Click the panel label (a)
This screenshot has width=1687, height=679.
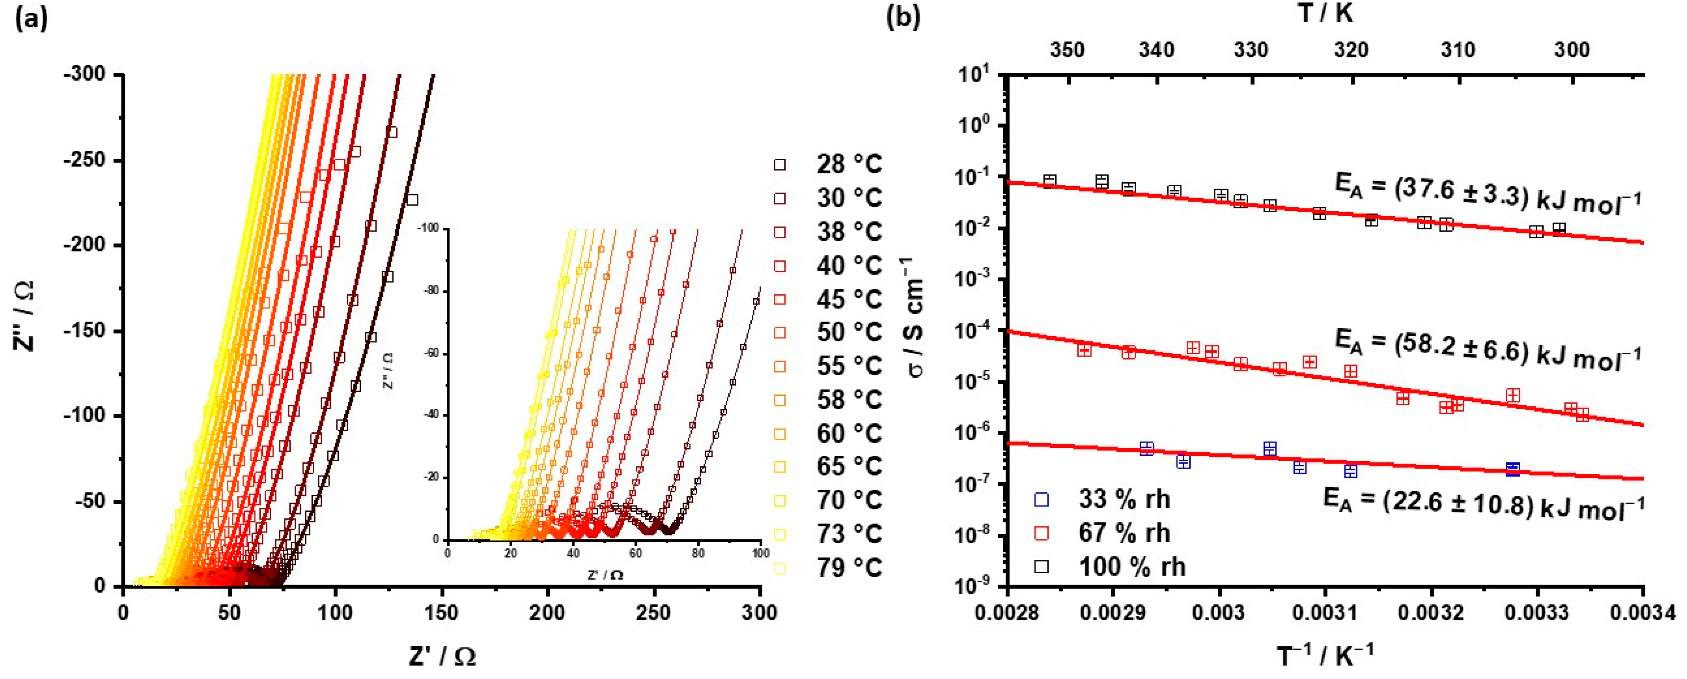point(31,19)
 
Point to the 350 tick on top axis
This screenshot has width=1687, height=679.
point(1068,50)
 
